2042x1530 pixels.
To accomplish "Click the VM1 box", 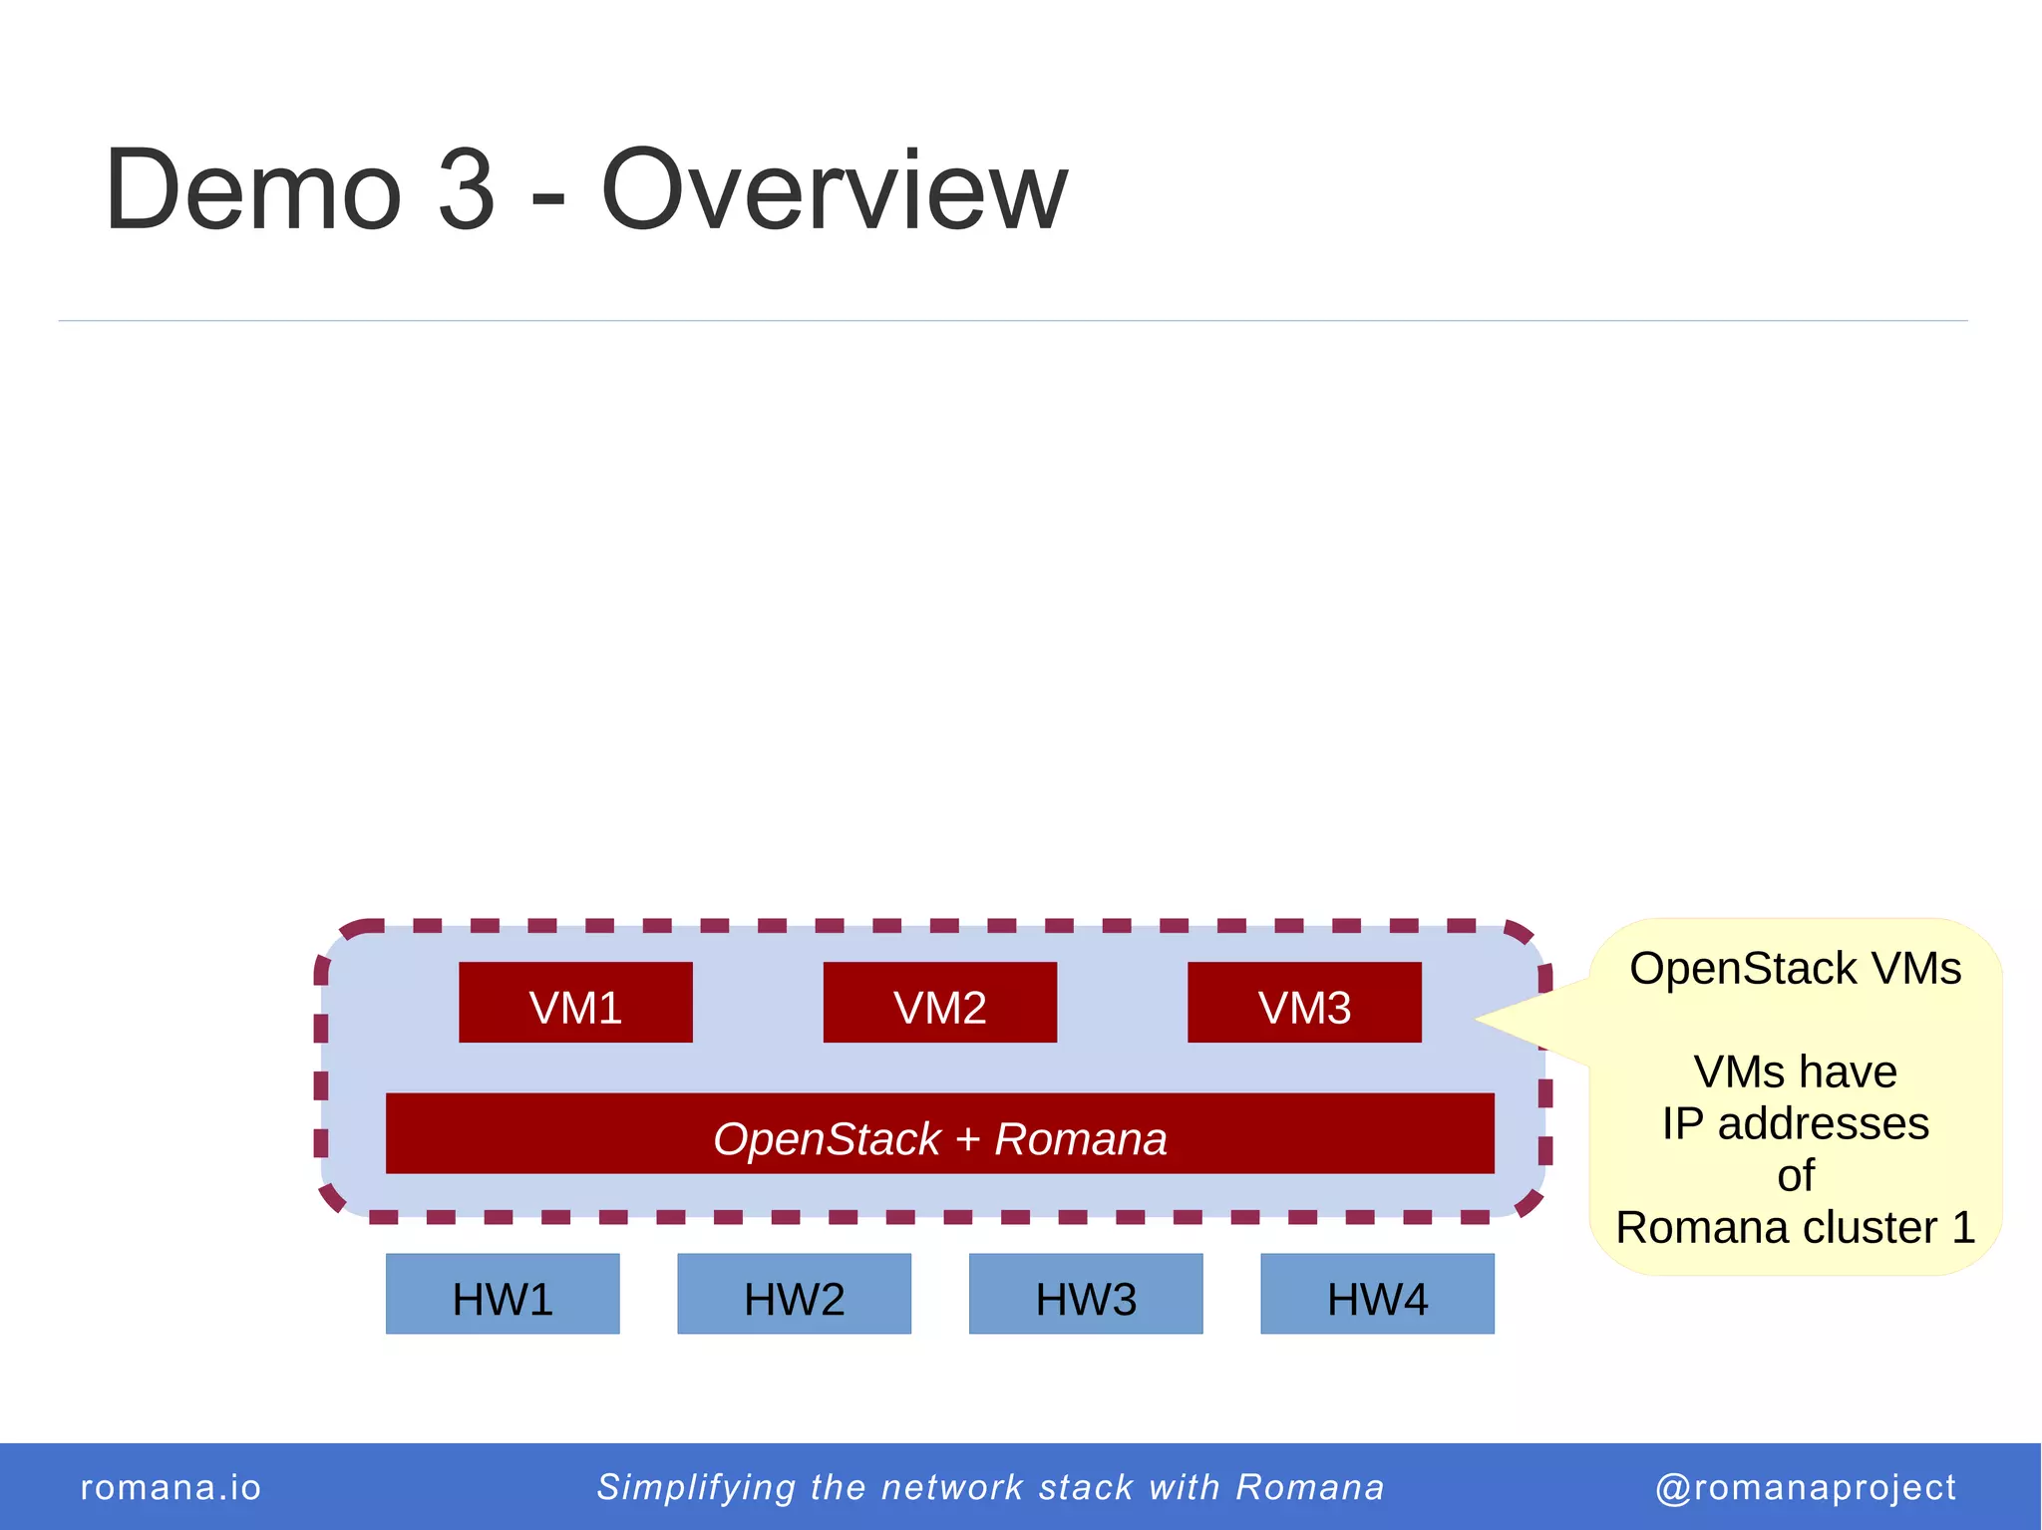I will [x=575, y=1003].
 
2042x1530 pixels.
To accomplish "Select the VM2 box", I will [x=939, y=1003].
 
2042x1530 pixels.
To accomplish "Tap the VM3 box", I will [x=1304, y=1003].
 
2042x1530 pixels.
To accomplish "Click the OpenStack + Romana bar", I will [x=939, y=1134].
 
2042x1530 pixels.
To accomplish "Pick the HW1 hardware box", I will [x=503, y=1294].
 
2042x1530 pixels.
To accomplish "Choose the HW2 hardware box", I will [x=794, y=1294].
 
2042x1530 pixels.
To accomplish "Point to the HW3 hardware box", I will [x=1086, y=1294].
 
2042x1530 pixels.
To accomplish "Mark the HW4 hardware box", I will [x=1377, y=1294].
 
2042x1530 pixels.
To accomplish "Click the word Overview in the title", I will [x=834, y=189].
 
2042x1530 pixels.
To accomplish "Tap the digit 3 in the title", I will [x=466, y=189].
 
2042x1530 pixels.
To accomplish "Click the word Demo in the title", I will [x=253, y=189].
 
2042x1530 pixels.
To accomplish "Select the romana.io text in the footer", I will [x=170, y=1487].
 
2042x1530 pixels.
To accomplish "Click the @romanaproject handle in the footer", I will [x=1806, y=1487].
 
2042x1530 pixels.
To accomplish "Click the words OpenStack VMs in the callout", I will [x=1795, y=969].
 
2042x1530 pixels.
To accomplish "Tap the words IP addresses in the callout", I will [x=1795, y=1124].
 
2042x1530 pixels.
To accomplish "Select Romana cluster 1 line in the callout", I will [x=1795, y=1228].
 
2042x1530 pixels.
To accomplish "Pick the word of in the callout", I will [x=1795, y=1176].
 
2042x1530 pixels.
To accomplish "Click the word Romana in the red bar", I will [x=1081, y=1139].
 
